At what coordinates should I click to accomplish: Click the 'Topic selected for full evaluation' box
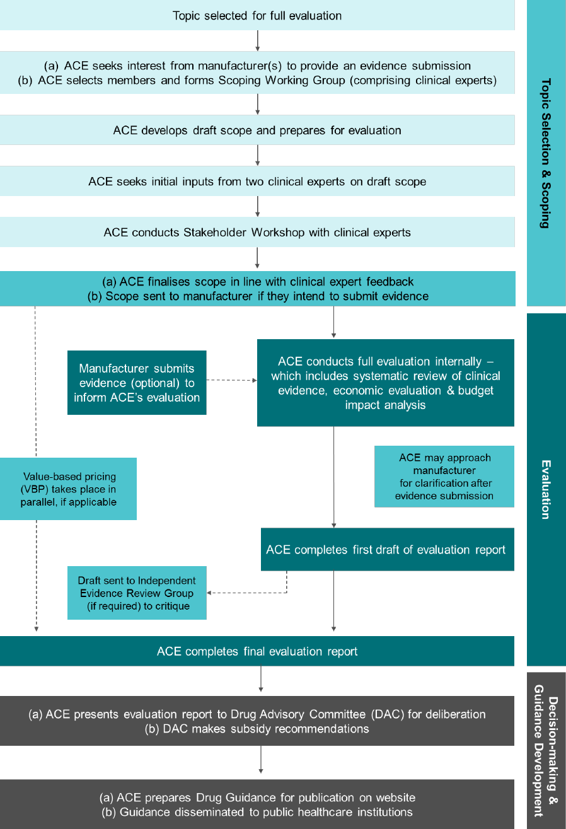[x=257, y=15]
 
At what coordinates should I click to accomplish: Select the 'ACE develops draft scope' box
[x=257, y=130]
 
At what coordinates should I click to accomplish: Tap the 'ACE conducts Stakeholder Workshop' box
[x=257, y=233]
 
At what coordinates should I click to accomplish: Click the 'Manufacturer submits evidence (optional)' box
[x=137, y=383]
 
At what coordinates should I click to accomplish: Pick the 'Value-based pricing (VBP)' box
[x=68, y=489]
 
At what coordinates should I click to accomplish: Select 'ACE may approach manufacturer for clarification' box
[x=444, y=476]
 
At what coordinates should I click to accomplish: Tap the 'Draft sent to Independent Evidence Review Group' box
[x=137, y=593]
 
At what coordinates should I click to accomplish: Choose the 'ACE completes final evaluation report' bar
[x=257, y=651]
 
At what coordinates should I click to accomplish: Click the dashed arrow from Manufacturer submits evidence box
[x=231, y=381]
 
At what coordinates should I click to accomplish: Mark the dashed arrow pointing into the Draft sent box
[x=246, y=593]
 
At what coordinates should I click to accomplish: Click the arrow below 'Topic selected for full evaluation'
[x=257, y=40]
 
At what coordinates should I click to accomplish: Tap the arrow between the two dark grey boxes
[x=260, y=762]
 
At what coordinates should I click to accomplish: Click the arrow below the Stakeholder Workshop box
[x=257, y=258]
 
